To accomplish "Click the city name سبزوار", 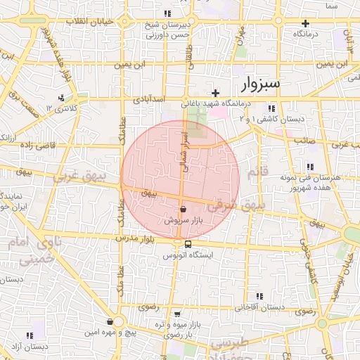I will (x=260, y=84).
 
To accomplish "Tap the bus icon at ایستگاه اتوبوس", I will (x=188, y=244).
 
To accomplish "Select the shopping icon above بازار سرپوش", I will (x=183, y=209).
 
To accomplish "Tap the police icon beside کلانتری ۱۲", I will (x=63, y=98).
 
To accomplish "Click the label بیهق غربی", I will (x=86, y=172).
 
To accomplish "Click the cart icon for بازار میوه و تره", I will (x=177, y=314).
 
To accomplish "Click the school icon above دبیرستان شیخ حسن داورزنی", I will (x=167, y=13).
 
